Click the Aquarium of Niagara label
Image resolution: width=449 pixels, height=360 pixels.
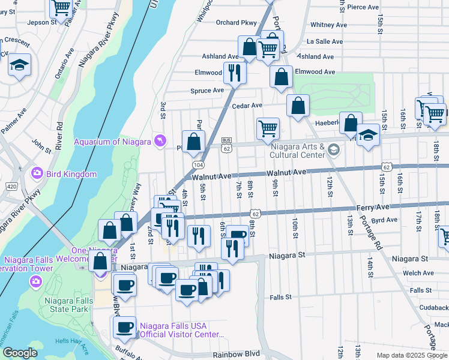pos(112,142)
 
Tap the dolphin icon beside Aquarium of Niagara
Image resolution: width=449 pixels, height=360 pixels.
pos(158,140)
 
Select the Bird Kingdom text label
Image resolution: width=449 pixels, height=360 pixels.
pos(72,174)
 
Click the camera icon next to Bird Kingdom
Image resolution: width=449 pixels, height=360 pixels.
pos(37,173)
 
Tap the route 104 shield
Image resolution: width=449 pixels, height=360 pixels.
pos(197,164)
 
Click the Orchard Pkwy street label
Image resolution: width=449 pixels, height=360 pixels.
pos(236,23)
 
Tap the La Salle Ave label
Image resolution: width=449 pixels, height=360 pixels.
pos(325,42)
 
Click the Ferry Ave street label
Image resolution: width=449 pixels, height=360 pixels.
pos(373,206)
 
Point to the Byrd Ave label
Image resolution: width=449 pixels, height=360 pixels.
pos(385,220)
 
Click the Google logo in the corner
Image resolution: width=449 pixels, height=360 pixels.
pos(20,353)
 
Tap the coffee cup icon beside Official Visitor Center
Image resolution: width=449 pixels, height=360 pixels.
pos(125,327)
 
